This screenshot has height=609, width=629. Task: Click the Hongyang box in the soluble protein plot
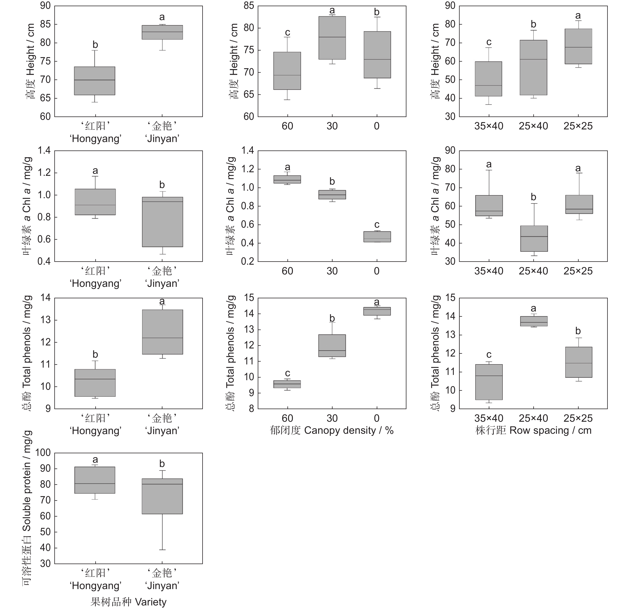(x=95, y=480)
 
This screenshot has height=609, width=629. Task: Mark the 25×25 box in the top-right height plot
(x=578, y=47)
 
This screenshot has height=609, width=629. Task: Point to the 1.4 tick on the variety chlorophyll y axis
(x=45, y=150)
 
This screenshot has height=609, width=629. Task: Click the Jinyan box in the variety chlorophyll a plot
(x=162, y=222)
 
